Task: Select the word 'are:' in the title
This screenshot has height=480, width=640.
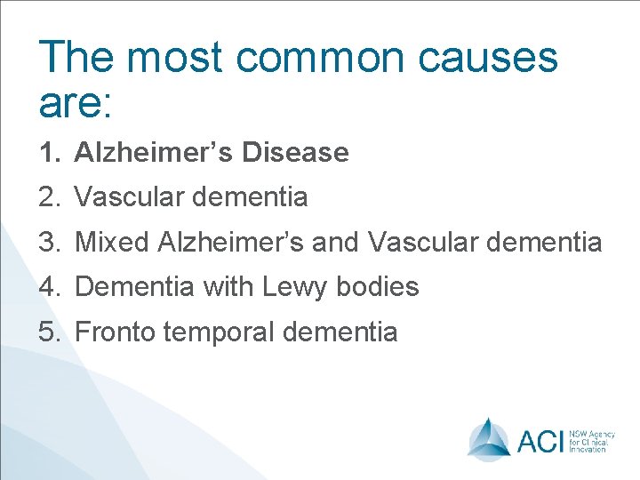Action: click(76, 102)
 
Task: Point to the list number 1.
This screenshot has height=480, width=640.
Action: click(49, 153)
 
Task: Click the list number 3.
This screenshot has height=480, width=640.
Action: click(49, 242)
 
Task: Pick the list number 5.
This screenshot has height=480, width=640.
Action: click(49, 332)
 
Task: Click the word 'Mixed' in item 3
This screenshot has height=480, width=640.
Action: click(111, 242)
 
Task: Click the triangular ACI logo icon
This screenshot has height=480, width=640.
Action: click(489, 437)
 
